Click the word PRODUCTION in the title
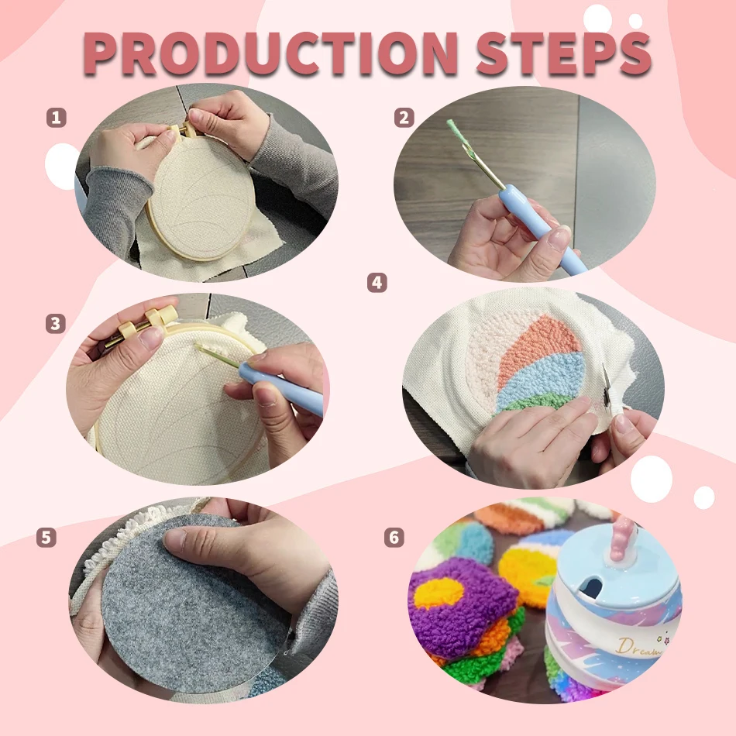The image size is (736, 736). (270, 54)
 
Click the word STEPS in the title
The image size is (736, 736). (564, 54)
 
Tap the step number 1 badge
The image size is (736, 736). (57, 117)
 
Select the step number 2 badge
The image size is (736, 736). (404, 117)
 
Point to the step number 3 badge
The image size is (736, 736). (55, 323)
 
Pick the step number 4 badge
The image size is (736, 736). (377, 283)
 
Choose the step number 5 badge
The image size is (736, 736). (46, 538)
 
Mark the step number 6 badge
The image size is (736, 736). (394, 537)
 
